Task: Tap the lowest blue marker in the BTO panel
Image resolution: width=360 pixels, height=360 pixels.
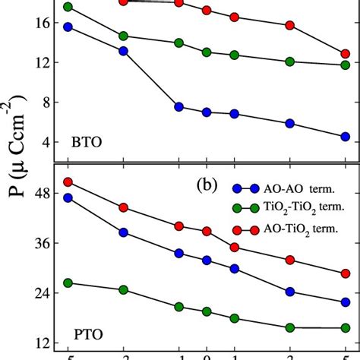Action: (x=345, y=137)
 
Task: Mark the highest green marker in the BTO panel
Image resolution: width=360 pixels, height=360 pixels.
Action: (x=68, y=7)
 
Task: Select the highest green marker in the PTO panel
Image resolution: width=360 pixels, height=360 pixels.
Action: (x=68, y=283)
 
